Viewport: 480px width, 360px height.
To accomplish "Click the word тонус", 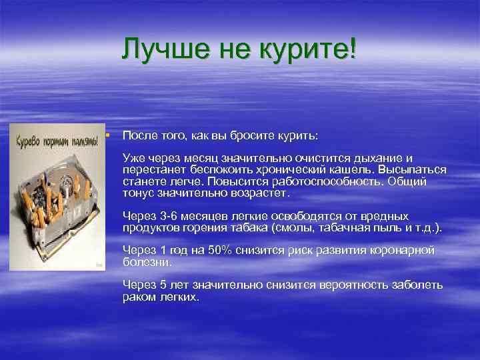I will [137, 193].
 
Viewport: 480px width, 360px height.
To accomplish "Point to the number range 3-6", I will [168, 216].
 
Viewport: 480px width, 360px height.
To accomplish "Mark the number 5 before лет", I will [161, 285].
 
